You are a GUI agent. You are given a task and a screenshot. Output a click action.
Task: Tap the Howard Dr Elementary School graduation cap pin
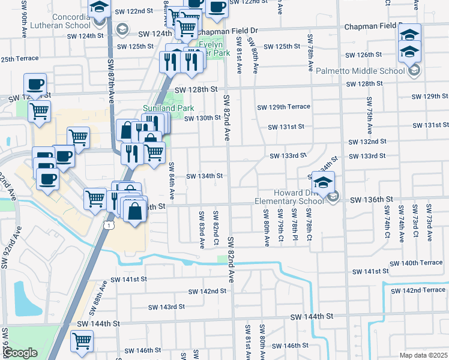click(323, 182)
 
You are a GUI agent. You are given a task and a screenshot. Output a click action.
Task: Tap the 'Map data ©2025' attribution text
click(423, 355)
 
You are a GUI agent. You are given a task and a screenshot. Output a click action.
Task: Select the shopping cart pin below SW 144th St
click(82, 341)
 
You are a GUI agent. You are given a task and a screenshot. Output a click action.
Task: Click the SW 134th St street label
click(205, 176)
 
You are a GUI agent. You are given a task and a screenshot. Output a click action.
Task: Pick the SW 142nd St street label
click(207, 291)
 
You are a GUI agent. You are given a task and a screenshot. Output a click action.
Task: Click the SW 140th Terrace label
click(416, 263)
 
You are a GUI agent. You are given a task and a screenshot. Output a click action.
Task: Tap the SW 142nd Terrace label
click(418, 290)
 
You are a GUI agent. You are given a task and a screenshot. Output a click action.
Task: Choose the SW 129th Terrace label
click(283, 107)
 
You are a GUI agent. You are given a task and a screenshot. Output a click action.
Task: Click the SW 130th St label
click(203, 118)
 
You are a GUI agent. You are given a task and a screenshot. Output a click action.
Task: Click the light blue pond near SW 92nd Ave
click(26, 298)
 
